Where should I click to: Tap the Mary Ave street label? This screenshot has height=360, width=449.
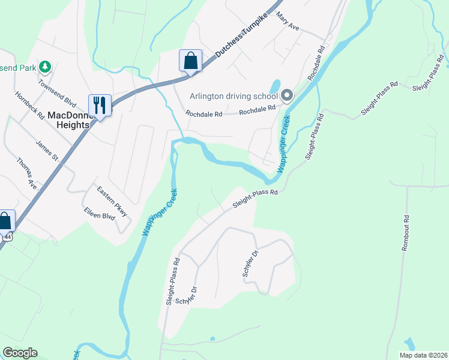288,23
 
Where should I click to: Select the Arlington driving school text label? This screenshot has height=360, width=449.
234,96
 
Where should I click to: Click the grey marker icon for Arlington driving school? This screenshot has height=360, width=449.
287,95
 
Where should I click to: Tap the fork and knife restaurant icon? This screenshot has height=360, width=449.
100,106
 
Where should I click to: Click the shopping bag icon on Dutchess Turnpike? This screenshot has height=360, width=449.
190,61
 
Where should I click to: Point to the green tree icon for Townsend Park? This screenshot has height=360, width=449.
44,65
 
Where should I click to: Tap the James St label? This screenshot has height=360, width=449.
46,151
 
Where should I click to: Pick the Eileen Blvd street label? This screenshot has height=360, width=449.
99,215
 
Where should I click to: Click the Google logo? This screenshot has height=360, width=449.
20,353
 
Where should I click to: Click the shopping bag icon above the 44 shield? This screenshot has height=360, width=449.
5,221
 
